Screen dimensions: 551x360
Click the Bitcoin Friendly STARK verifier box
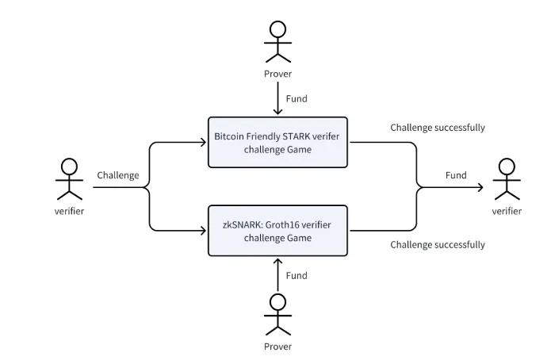tap(277, 143)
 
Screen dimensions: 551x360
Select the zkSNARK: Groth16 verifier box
tap(277, 231)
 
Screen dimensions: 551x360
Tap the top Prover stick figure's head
tap(277, 29)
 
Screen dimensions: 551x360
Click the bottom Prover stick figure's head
tap(277, 302)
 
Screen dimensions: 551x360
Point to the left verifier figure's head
tap(69, 167)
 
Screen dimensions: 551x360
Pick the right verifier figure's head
tap(507, 167)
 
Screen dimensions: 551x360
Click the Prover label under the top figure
tap(277, 74)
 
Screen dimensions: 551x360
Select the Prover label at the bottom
tap(277, 347)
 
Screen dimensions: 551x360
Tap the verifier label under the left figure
tap(69, 211)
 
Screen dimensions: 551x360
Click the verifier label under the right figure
tap(507, 211)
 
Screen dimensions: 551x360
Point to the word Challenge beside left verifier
tap(118, 175)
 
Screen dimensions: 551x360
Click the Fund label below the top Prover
tap(297, 99)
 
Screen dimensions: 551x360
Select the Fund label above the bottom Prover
tap(297, 276)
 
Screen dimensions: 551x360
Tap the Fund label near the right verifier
tap(456, 175)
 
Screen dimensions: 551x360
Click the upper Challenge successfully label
tap(438, 128)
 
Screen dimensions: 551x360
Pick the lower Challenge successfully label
tap(438, 245)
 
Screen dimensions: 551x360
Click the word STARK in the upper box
tap(296, 136)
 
